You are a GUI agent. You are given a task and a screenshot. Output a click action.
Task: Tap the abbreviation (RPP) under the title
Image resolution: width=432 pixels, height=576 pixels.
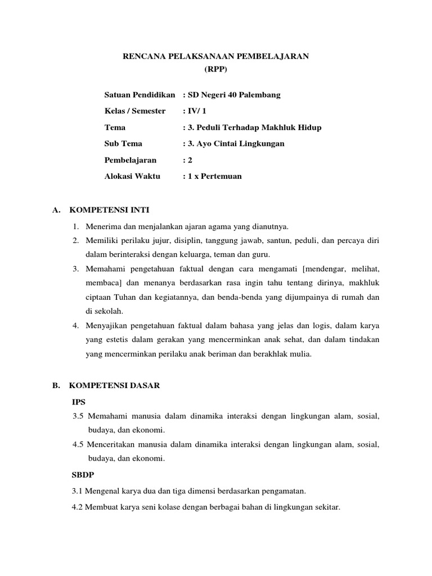tap(216, 70)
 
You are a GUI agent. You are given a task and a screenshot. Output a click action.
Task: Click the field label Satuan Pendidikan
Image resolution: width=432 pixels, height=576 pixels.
tap(140, 94)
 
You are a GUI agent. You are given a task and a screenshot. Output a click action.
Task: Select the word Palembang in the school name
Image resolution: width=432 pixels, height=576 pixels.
tap(260, 94)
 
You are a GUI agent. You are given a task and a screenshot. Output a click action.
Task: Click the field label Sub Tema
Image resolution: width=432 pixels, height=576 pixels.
tap(123, 143)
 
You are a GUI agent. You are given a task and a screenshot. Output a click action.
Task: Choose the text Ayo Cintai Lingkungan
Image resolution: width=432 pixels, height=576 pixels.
tap(238, 143)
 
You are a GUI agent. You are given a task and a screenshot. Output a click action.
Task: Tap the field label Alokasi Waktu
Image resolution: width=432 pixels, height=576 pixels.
tap(132, 176)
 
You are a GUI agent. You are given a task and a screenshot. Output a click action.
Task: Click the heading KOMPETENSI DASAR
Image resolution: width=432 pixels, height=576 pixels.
tap(115, 386)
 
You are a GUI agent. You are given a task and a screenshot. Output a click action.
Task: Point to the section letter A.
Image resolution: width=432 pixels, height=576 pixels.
tap(55, 210)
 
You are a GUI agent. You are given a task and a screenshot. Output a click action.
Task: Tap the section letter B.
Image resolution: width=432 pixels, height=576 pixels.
tap(55, 386)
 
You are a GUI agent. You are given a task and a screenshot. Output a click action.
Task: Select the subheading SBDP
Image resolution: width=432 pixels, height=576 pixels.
tap(82, 475)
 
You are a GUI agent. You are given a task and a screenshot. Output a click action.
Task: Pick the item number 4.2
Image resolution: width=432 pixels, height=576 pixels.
tap(78, 507)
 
